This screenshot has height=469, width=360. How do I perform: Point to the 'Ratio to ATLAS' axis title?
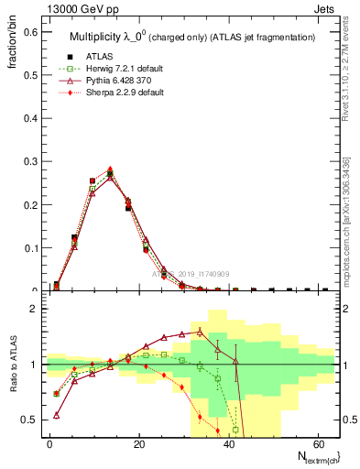pyautogui.click(x=15, y=364)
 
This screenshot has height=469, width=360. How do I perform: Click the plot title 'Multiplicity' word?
pyautogui.click(x=96, y=37)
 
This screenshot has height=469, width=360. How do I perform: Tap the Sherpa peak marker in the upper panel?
pyautogui.click(x=110, y=169)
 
